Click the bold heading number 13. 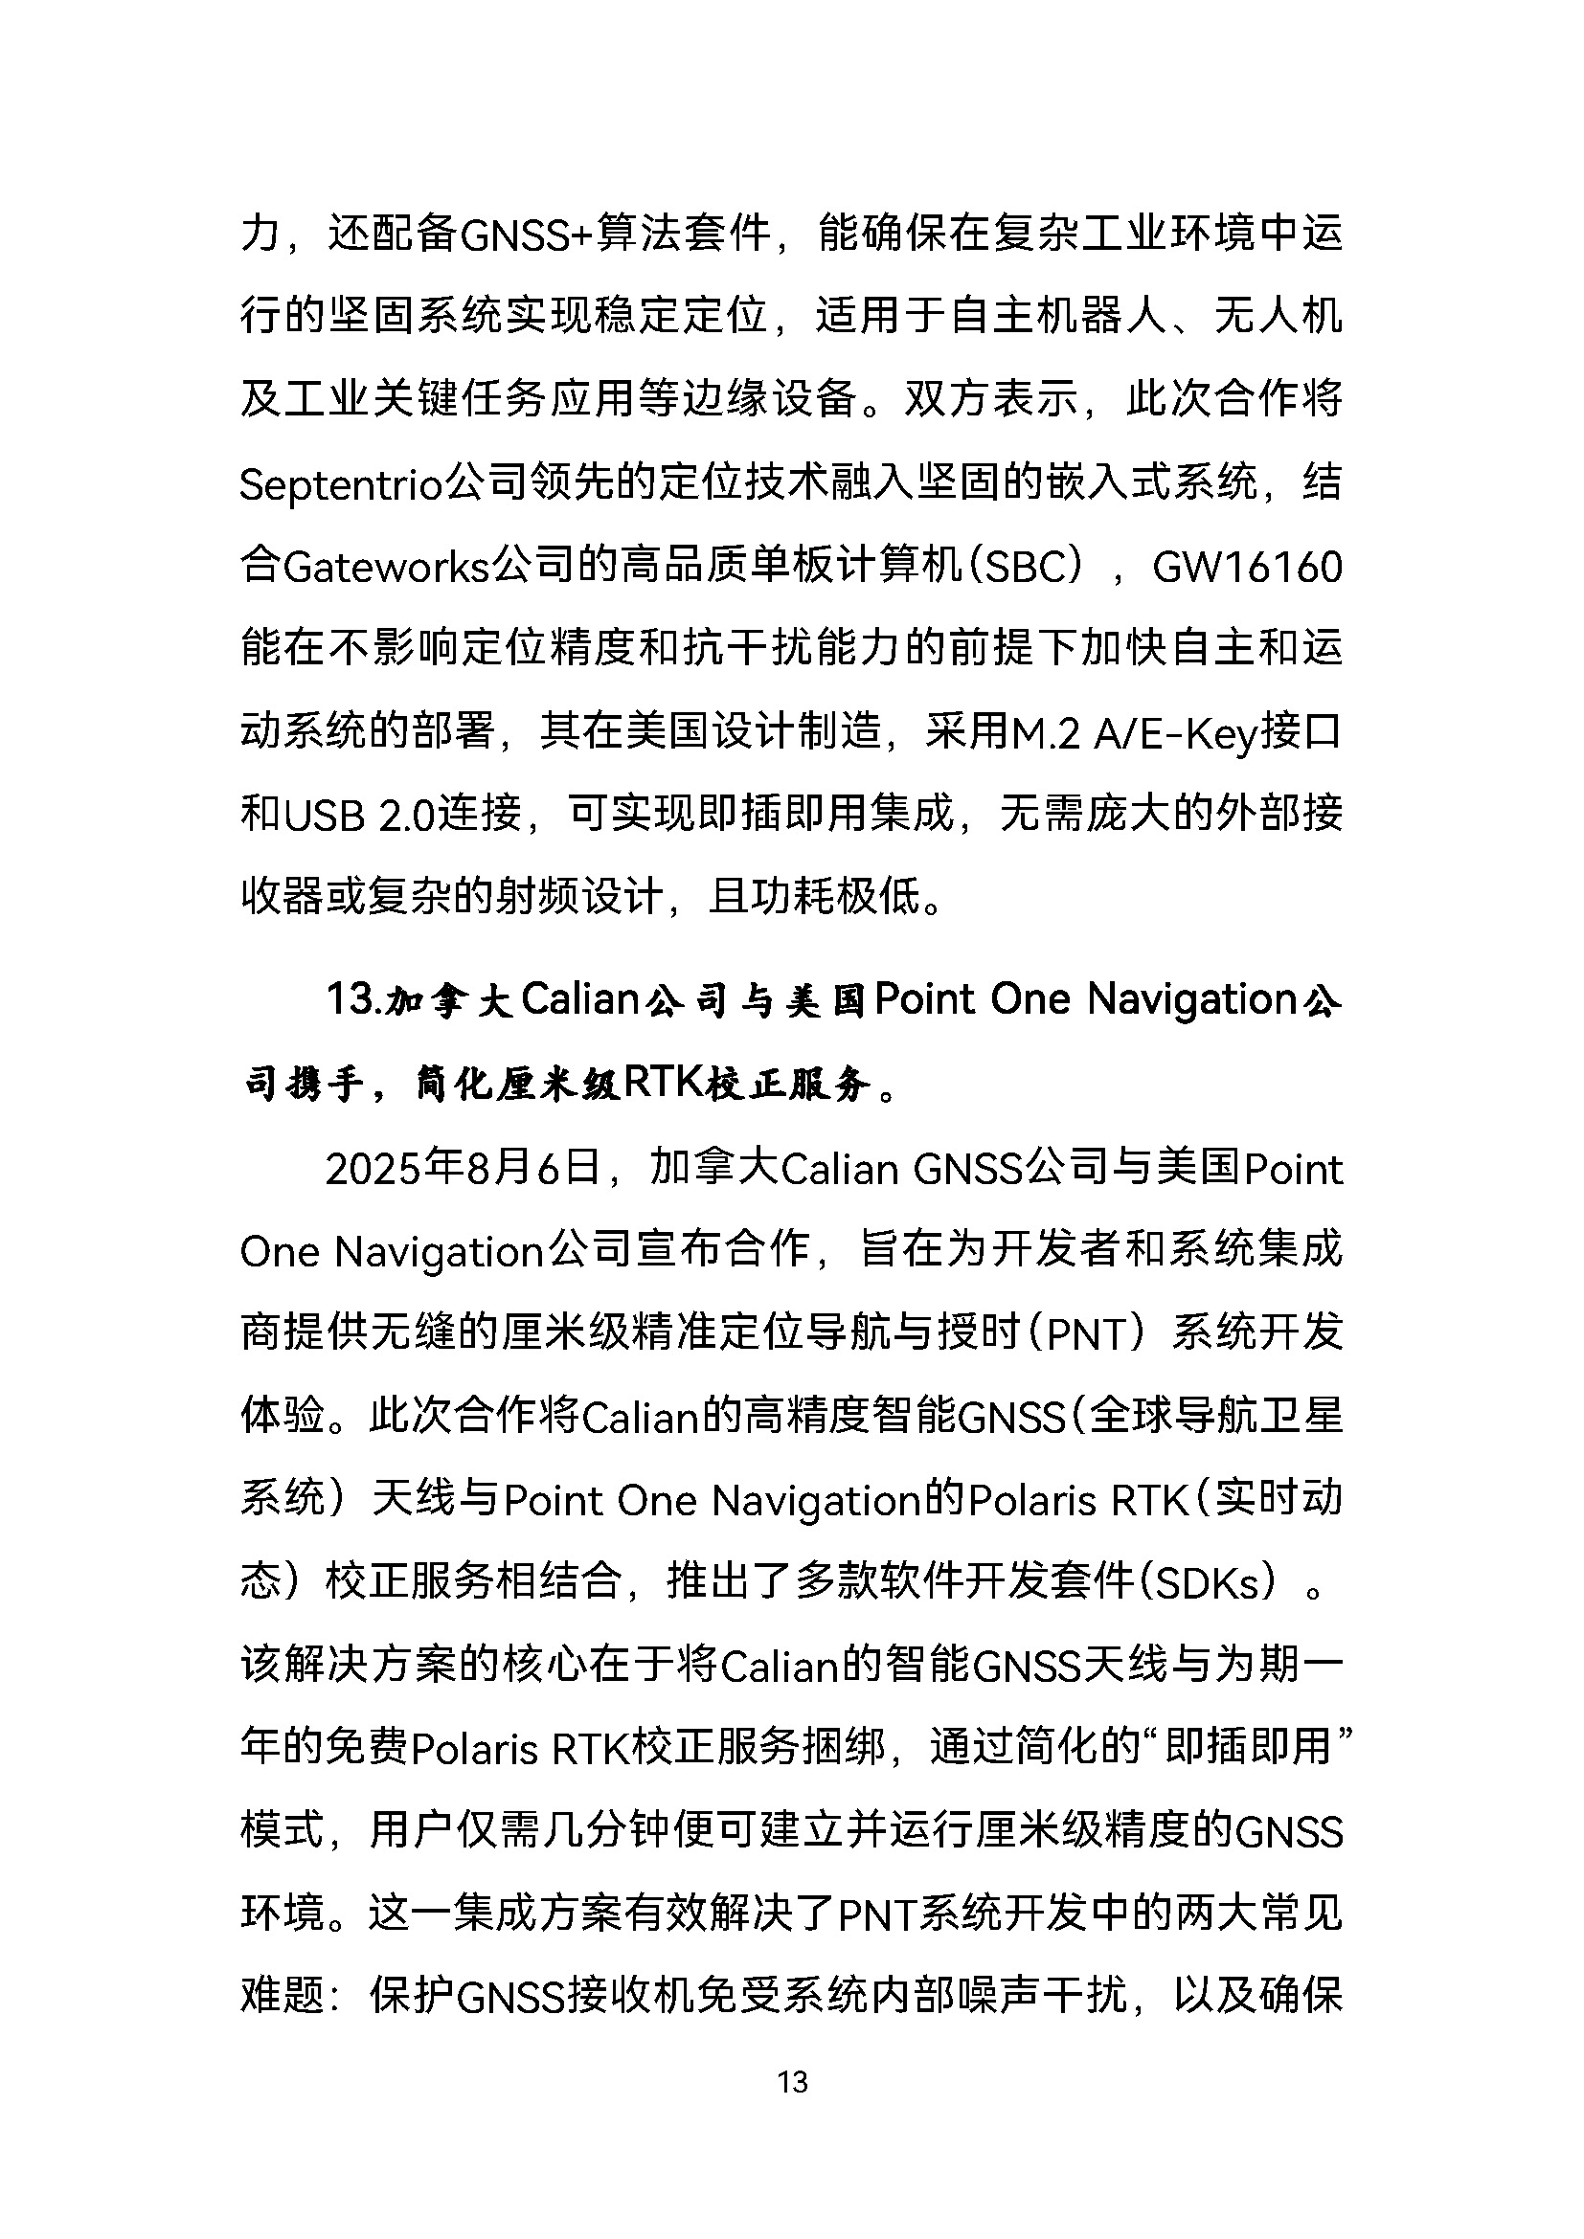(x=352, y=999)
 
